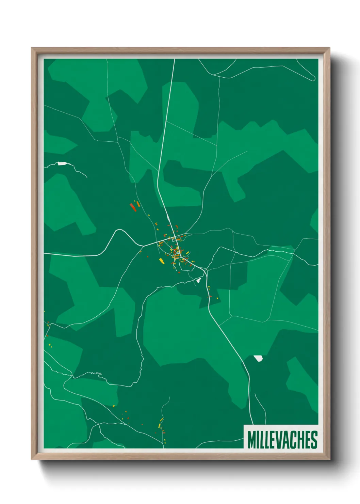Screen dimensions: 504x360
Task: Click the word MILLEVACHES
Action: point(282,439)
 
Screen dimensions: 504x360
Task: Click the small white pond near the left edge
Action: point(62,163)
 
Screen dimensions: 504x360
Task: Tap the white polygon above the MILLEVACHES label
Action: point(258,358)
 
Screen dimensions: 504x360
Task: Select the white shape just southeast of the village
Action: point(198,280)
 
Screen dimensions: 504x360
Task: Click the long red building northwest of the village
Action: point(133,207)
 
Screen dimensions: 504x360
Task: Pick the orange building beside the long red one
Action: point(138,204)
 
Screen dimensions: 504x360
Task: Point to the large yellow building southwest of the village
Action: point(162,261)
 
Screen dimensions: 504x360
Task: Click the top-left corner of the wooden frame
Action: point(32,48)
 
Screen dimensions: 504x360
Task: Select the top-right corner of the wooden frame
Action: point(329,48)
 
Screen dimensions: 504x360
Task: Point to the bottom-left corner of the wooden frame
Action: point(32,459)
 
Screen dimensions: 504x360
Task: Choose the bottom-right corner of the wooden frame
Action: point(329,459)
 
